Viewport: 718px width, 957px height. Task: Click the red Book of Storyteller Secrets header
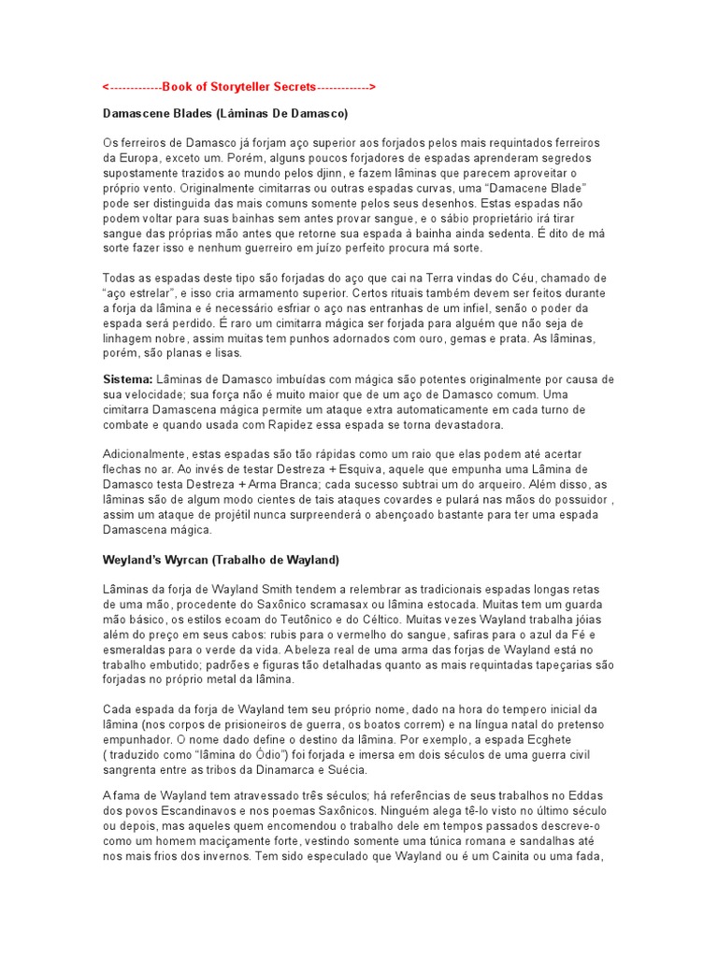[238, 87]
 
